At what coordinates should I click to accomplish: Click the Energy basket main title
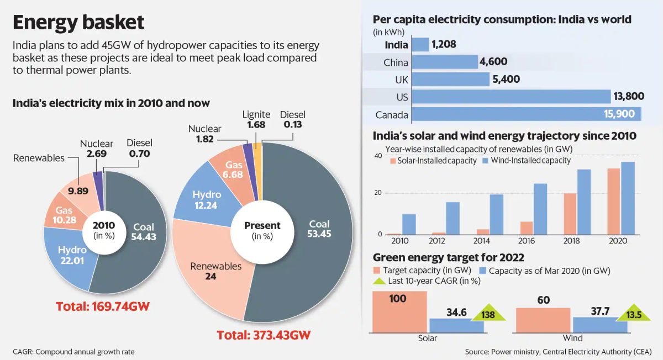click(x=78, y=22)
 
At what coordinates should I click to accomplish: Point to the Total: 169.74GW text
click(x=103, y=306)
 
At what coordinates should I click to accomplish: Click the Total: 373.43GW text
click(x=264, y=335)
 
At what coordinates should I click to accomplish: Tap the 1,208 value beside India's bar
click(x=444, y=44)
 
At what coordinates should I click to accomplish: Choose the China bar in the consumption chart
click(x=445, y=62)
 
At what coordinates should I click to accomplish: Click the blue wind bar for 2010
click(x=409, y=224)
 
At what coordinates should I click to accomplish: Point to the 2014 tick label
click(x=482, y=241)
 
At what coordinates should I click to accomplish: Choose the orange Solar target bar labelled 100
click(x=399, y=311)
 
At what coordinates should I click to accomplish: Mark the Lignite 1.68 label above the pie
click(x=256, y=120)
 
